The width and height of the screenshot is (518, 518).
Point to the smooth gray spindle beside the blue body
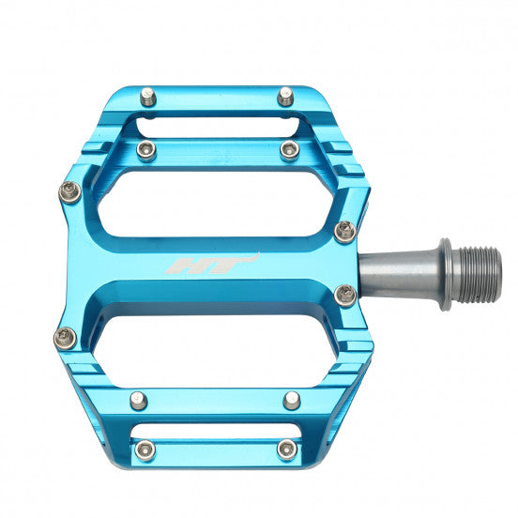coord(394,273)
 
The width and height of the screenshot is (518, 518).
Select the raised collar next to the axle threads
coord(446,273)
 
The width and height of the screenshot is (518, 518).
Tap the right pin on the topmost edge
coord(285,95)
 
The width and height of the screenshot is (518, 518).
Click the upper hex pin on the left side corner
coord(69,191)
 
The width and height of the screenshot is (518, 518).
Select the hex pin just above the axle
coord(345,230)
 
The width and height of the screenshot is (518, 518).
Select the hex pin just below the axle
coord(345,296)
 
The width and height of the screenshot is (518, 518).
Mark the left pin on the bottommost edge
coord(144,450)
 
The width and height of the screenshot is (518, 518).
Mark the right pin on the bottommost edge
coord(285,450)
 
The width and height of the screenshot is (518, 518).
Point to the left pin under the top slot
coord(145,150)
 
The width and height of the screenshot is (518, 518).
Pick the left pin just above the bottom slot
coord(139,402)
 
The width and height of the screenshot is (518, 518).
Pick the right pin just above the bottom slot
coord(292,400)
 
